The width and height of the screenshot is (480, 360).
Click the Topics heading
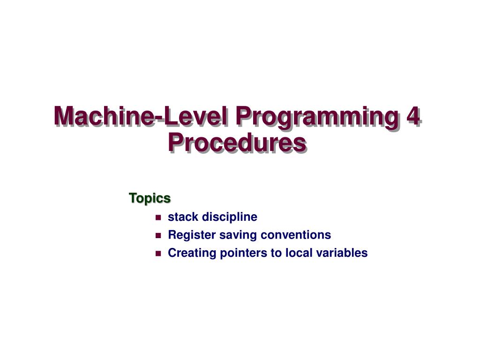pos(150,198)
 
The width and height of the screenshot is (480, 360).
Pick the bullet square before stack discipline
pos(158,217)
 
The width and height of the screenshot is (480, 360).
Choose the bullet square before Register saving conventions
pos(158,235)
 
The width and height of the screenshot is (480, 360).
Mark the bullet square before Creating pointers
pos(158,254)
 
